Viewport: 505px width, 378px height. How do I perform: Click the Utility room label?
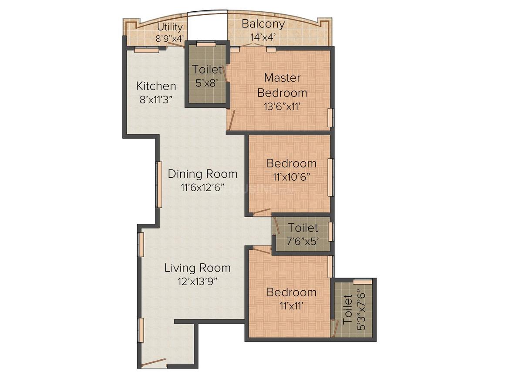[x=170, y=27]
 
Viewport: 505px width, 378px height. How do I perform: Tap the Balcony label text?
[x=263, y=24]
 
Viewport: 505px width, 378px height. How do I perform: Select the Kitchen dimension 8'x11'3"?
[x=156, y=99]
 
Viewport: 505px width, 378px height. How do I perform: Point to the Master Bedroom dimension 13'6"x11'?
[x=282, y=106]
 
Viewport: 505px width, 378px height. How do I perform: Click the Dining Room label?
[x=202, y=174]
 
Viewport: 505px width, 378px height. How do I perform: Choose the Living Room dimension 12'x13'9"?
[x=197, y=282]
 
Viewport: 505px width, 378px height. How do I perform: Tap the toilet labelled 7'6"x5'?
[x=301, y=234]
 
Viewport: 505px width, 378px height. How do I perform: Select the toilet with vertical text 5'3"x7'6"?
[x=353, y=310]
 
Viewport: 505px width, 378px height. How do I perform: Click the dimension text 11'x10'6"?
[x=292, y=177]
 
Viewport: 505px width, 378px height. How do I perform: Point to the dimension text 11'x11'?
[x=292, y=306]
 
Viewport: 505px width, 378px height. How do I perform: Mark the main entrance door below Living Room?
[x=154, y=362]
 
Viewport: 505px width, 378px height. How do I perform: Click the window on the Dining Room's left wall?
[x=158, y=185]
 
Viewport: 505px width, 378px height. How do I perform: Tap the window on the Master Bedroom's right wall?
[x=330, y=118]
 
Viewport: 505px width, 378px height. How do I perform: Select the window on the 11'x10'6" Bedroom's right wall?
[x=330, y=177]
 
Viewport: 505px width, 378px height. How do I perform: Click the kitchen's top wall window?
[x=147, y=50]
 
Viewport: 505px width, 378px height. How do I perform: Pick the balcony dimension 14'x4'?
[x=263, y=38]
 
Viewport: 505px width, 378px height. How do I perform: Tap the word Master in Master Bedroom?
[x=282, y=78]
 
